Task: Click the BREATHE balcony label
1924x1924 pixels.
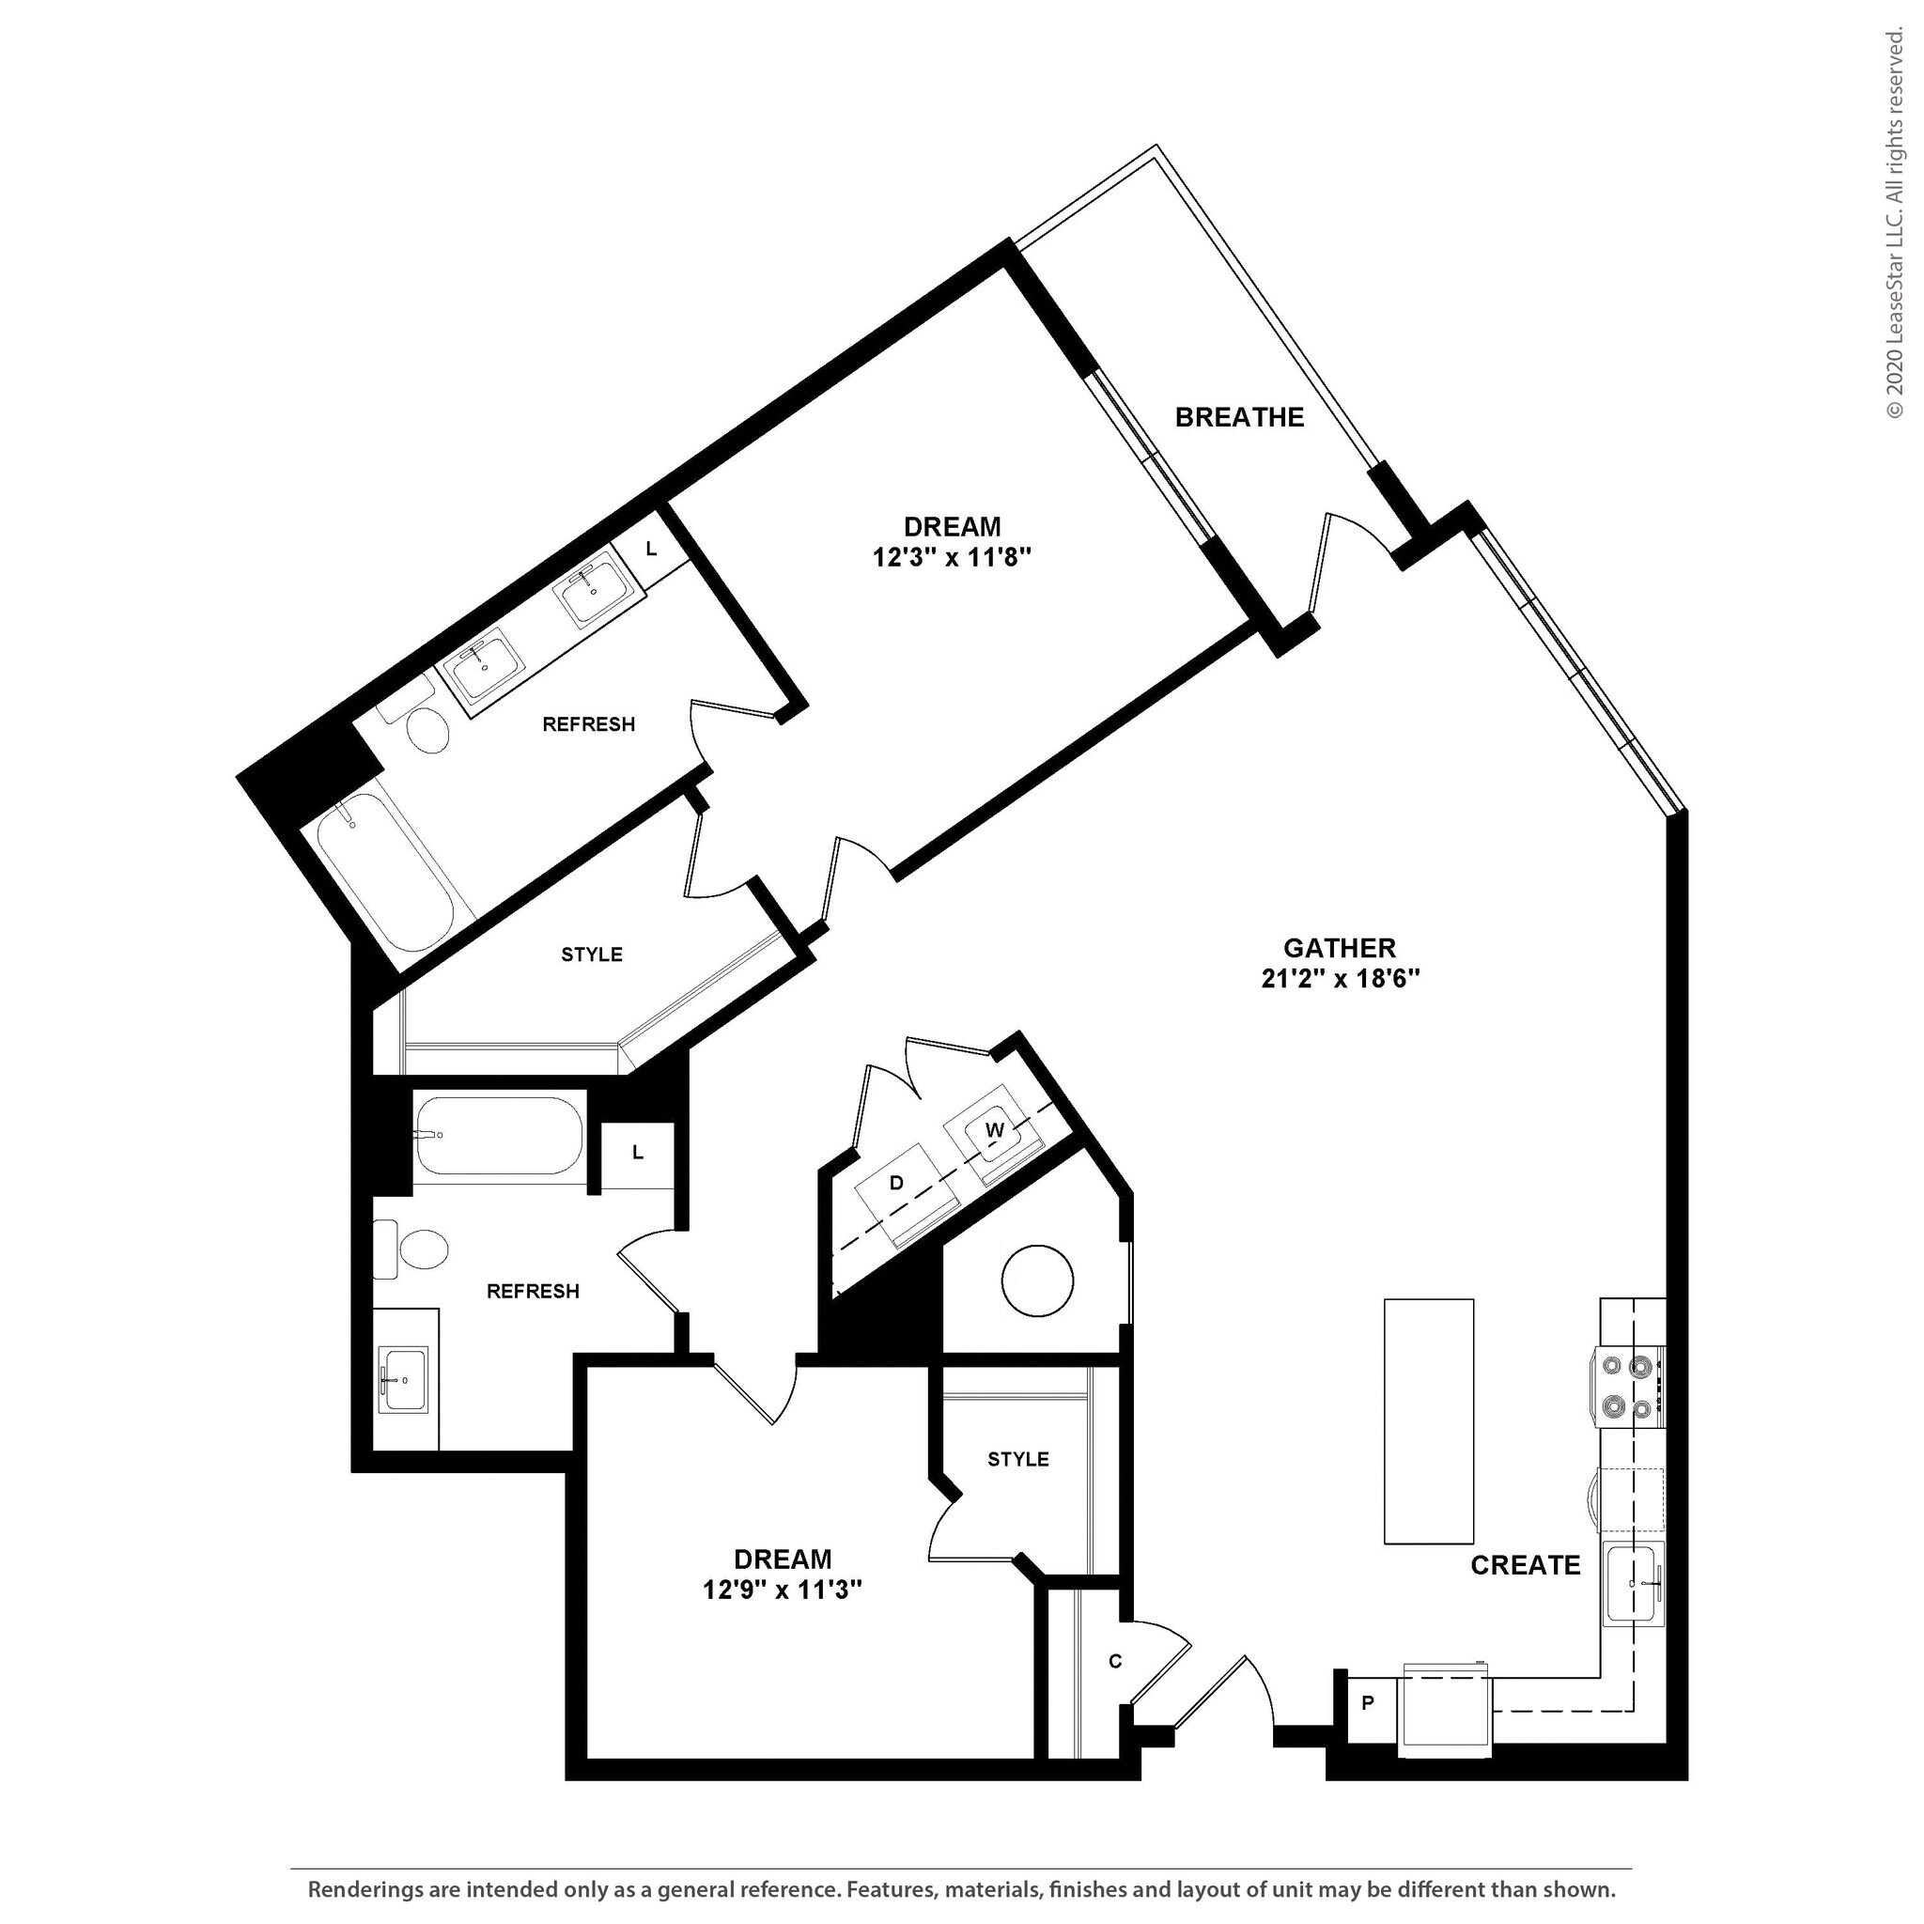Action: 1239,417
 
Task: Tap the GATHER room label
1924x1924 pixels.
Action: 1339,947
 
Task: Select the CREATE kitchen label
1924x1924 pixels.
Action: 1525,1564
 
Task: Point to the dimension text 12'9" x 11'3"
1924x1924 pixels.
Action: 782,1590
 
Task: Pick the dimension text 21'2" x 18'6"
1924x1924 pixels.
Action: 1340,979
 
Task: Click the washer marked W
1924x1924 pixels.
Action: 993,1130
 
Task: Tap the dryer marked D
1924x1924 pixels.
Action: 896,1183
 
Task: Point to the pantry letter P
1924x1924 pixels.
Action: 1367,1703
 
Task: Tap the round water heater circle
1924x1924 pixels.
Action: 1037,1280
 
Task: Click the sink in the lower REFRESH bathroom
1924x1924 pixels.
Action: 405,1379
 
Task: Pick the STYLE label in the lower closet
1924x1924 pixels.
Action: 1017,1459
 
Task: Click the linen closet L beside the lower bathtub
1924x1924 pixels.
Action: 637,1152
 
